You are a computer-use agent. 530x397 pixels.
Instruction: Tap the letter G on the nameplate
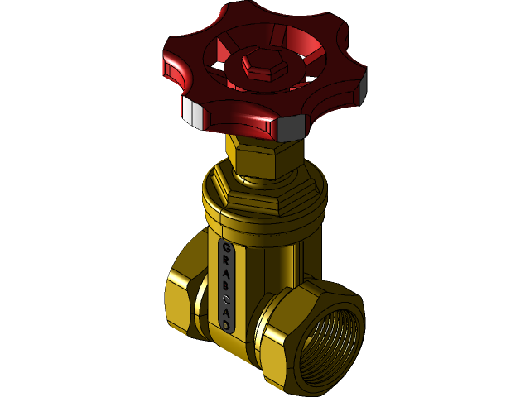[x=226, y=247]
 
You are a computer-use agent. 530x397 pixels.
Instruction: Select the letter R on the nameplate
[x=226, y=261]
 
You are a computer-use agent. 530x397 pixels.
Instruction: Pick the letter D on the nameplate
[x=226, y=325]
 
